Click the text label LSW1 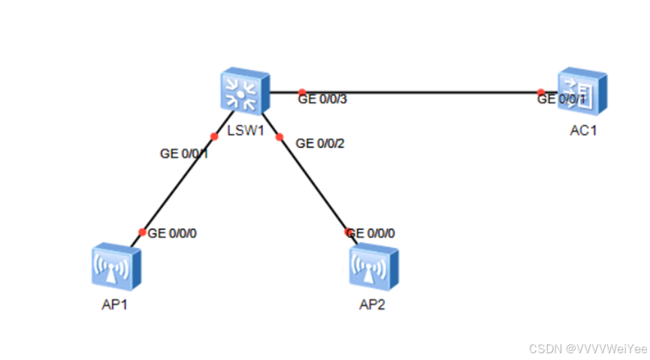coord(244,130)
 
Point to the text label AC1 coord(583,129)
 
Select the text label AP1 coord(114,305)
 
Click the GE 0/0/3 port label coord(322,98)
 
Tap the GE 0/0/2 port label coord(320,143)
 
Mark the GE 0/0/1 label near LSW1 coord(184,153)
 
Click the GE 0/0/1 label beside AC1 coord(561,98)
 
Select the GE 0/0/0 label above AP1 coord(172,233)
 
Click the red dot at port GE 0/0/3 coord(301,92)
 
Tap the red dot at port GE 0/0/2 coord(280,137)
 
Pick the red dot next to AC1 coord(540,92)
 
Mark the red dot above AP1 coord(143,232)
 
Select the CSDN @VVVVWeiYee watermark coord(588,349)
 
